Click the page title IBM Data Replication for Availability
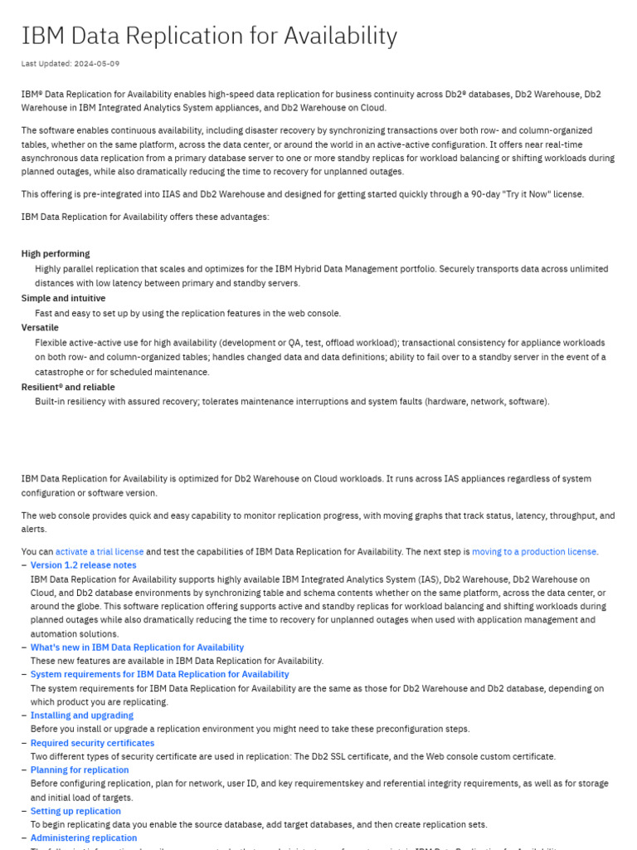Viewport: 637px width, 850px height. pyautogui.click(x=209, y=36)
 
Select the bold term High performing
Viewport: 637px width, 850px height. pyautogui.click(x=56, y=254)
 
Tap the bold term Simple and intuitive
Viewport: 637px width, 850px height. pyautogui.click(x=63, y=298)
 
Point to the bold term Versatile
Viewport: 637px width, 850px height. pyautogui.click(x=40, y=328)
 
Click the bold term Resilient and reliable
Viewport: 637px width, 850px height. pyautogui.click(x=68, y=387)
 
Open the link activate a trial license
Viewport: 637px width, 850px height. pyautogui.click(x=100, y=551)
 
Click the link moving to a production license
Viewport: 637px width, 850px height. pyautogui.click(x=534, y=551)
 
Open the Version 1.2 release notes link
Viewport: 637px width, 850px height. pyautogui.click(x=83, y=565)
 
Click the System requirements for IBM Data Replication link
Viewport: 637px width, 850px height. pyautogui.click(x=159, y=675)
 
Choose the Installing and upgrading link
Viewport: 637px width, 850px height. pyautogui.click(x=81, y=716)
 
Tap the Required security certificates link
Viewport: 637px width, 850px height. pyautogui.click(x=92, y=743)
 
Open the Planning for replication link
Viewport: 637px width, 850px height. pyautogui.click(x=80, y=770)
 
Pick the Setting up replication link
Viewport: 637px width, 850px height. pyautogui.click(x=75, y=811)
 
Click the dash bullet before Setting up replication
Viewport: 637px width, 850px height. pyautogui.click(x=23, y=811)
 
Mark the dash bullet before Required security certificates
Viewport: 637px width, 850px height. pyautogui.click(x=23, y=743)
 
